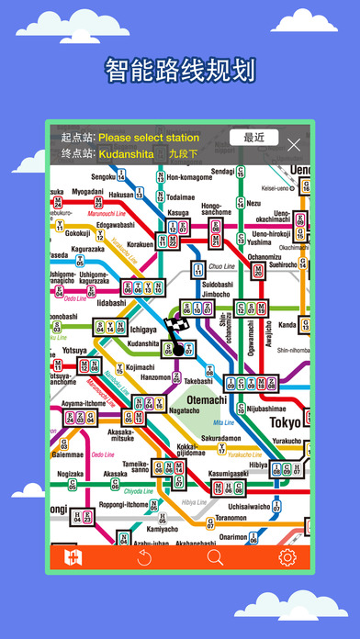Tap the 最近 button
point(254,138)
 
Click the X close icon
point(294,144)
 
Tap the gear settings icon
point(287,557)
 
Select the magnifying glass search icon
point(215,557)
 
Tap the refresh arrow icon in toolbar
point(143,557)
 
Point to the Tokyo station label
point(284,422)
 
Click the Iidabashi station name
point(111,302)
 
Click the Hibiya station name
point(257,465)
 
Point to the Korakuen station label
point(140,245)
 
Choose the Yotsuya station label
point(75,351)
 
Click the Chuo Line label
point(222,267)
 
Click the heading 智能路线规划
point(180,71)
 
